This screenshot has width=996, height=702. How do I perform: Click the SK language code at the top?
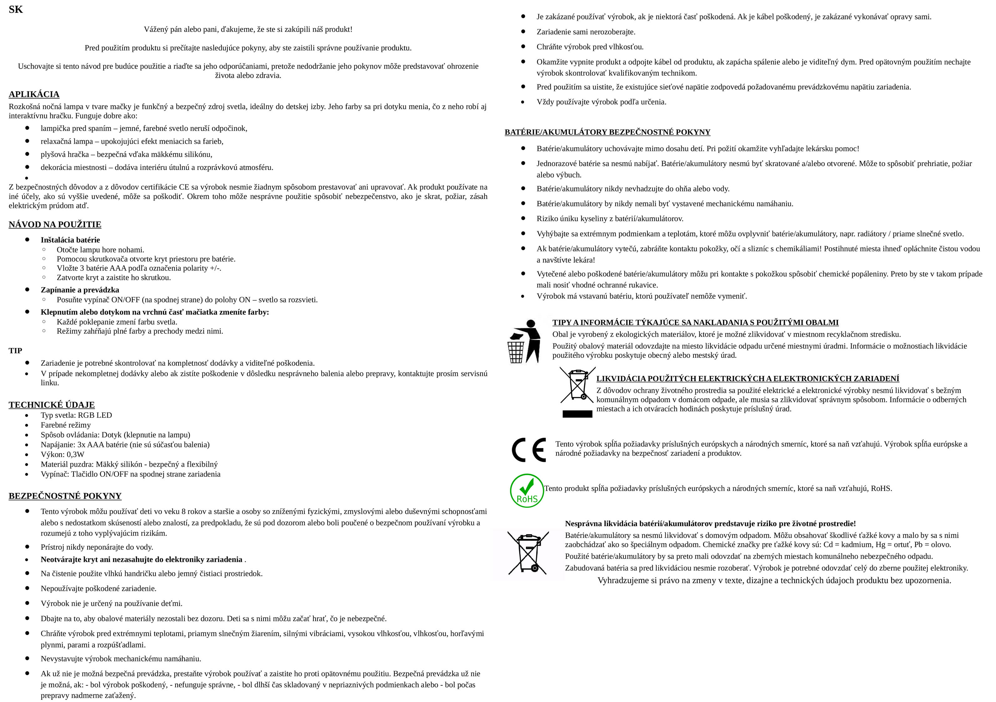pos(16,10)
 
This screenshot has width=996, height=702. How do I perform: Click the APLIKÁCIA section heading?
pos(34,94)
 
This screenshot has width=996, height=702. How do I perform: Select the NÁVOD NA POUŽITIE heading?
pos(55,224)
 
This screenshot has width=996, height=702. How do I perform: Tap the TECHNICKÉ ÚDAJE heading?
pos(52,405)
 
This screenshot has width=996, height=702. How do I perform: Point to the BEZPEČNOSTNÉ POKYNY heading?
pos(65,496)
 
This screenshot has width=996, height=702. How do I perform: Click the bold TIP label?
pos(15,351)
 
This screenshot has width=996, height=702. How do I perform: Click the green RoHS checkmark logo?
pos(527,491)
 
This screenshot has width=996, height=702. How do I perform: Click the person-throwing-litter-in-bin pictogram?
pos(524,341)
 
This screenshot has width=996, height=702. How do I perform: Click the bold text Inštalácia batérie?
pos(70,240)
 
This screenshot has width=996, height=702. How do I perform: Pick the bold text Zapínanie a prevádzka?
pos(80,290)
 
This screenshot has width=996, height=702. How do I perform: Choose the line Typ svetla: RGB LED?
pos(76,415)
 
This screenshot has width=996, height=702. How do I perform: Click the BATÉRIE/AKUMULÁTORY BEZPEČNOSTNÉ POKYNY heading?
pos(607,132)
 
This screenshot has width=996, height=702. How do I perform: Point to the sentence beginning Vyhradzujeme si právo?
pos(774,581)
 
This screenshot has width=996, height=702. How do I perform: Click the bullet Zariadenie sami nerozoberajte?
pos(586,32)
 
